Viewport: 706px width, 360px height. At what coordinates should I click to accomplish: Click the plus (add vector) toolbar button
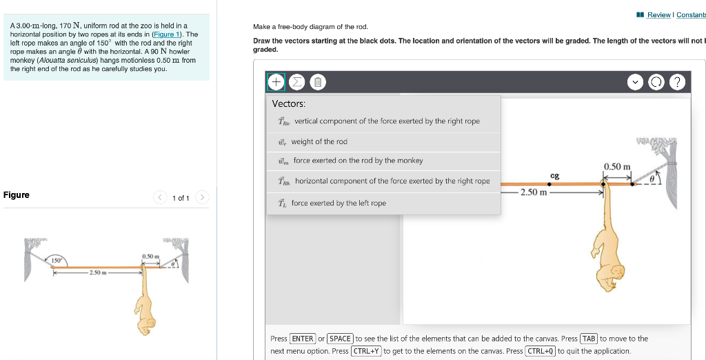point(276,83)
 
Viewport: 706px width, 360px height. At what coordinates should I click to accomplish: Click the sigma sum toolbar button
point(296,83)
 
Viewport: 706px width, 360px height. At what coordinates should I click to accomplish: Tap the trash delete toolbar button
point(316,83)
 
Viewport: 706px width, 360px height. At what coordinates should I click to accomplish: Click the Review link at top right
point(658,15)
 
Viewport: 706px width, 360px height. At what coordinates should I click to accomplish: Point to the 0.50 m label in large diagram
point(617,167)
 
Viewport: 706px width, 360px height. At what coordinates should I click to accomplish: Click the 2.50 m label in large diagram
point(534,192)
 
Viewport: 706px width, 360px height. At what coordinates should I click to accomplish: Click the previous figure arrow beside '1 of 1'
point(159,198)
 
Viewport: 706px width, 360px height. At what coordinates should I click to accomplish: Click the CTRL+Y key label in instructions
point(366,351)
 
